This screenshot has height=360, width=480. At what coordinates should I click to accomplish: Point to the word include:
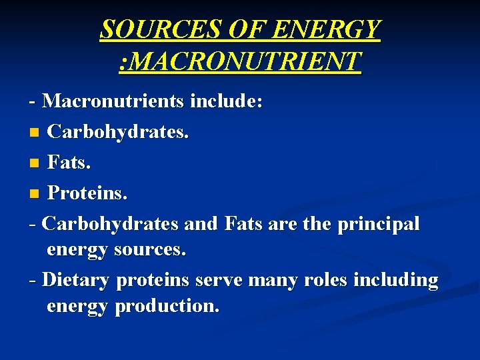click(x=227, y=101)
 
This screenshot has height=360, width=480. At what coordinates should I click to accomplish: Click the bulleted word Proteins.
click(x=87, y=193)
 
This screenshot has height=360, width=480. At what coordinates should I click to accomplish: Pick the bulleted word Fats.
click(x=69, y=163)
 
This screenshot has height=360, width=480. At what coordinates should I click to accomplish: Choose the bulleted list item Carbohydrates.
click(x=119, y=132)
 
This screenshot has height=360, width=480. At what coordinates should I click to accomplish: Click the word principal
click(x=379, y=224)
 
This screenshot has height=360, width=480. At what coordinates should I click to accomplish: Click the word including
click(x=396, y=280)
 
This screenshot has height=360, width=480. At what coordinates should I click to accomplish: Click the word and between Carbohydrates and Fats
click(x=201, y=224)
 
